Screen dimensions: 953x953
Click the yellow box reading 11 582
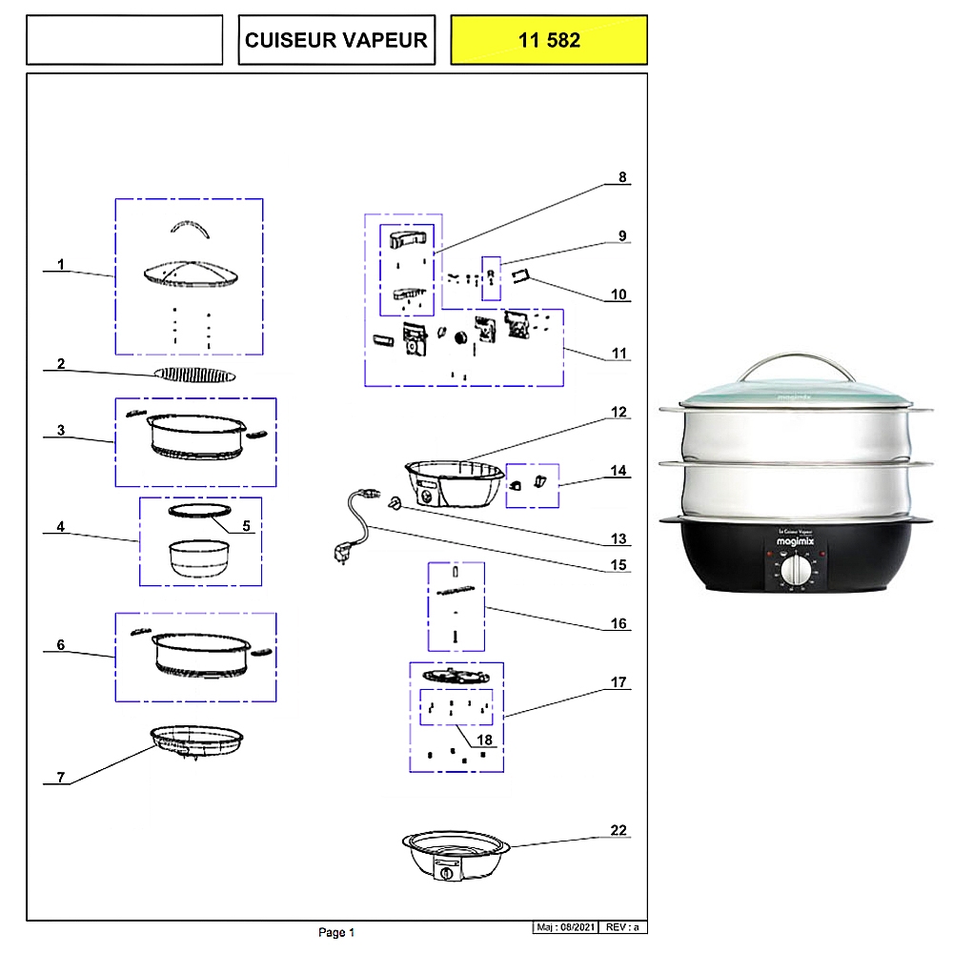coord(549,40)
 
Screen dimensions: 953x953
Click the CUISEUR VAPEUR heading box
coord(336,40)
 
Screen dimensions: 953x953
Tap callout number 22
coord(619,831)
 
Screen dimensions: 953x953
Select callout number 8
coord(623,177)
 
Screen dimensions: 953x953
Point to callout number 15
coord(619,565)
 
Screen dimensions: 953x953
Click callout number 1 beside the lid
coord(61,264)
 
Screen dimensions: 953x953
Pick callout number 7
coord(60,778)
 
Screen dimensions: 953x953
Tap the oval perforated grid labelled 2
coord(194,375)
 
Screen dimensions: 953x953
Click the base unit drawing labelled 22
coord(453,856)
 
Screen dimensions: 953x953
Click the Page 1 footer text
coord(336,932)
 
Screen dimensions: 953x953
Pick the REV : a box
coord(624,927)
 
